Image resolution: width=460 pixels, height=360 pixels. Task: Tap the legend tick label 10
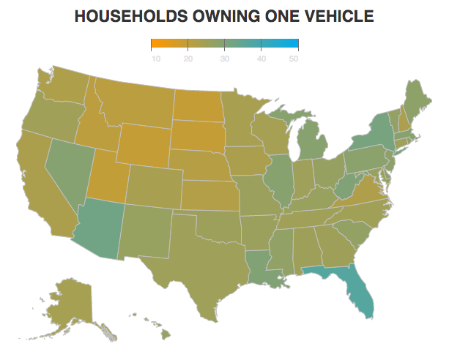(x=156, y=59)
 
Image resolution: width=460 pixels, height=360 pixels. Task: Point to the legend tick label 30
(x=224, y=59)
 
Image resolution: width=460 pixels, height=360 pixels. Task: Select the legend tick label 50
(x=294, y=59)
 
